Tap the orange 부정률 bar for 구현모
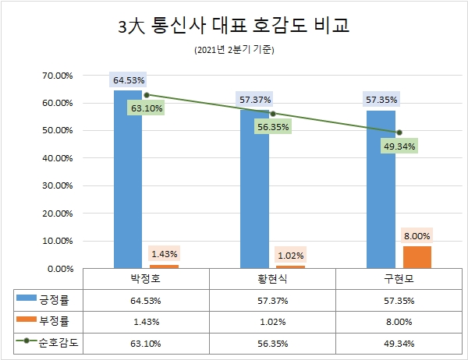pyautogui.click(x=417, y=257)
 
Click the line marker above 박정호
pyautogui.click(x=146, y=95)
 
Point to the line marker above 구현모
pyautogui.click(x=399, y=132)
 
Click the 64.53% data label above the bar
pyautogui.click(x=129, y=80)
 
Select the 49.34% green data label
pyautogui.click(x=399, y=146)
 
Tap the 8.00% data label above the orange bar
pyautogui.click(x=417, y=235)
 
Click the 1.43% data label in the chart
pyautogui.click(x=164, y=253)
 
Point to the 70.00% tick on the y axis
pyautogui.click(x=57, y=76)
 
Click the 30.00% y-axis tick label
pyautogui.click(x=57, y=186)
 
